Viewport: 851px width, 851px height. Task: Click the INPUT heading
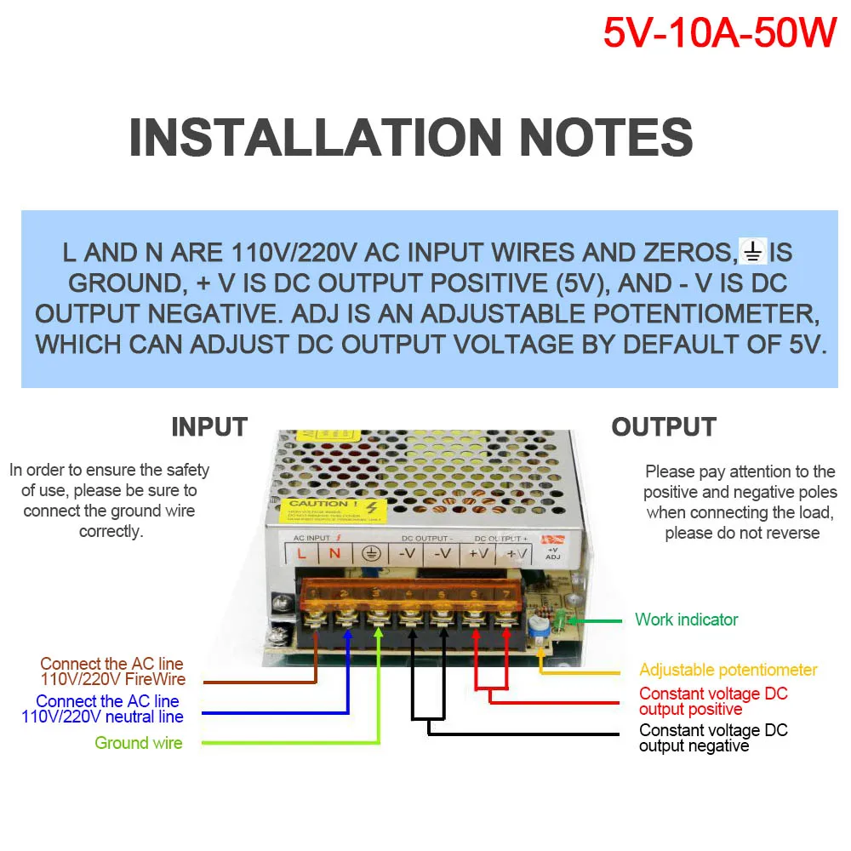point(209,426)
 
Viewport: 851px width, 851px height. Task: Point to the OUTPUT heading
point(664,426)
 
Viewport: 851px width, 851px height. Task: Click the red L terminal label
point(301,553)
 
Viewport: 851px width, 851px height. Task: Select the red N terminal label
point(334,553)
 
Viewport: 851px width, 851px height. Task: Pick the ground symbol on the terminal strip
point(370,553)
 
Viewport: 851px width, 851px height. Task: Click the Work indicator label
point(686,620)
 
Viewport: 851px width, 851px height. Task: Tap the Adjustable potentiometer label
point(728,670)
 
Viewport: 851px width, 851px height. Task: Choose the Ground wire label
point(138,743)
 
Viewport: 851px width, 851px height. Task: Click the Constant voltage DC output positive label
point(713,701)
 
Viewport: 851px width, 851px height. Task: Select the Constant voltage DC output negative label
point(713,738)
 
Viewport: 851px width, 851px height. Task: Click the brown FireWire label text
point(112,671)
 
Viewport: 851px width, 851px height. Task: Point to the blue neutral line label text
point(103,709)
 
